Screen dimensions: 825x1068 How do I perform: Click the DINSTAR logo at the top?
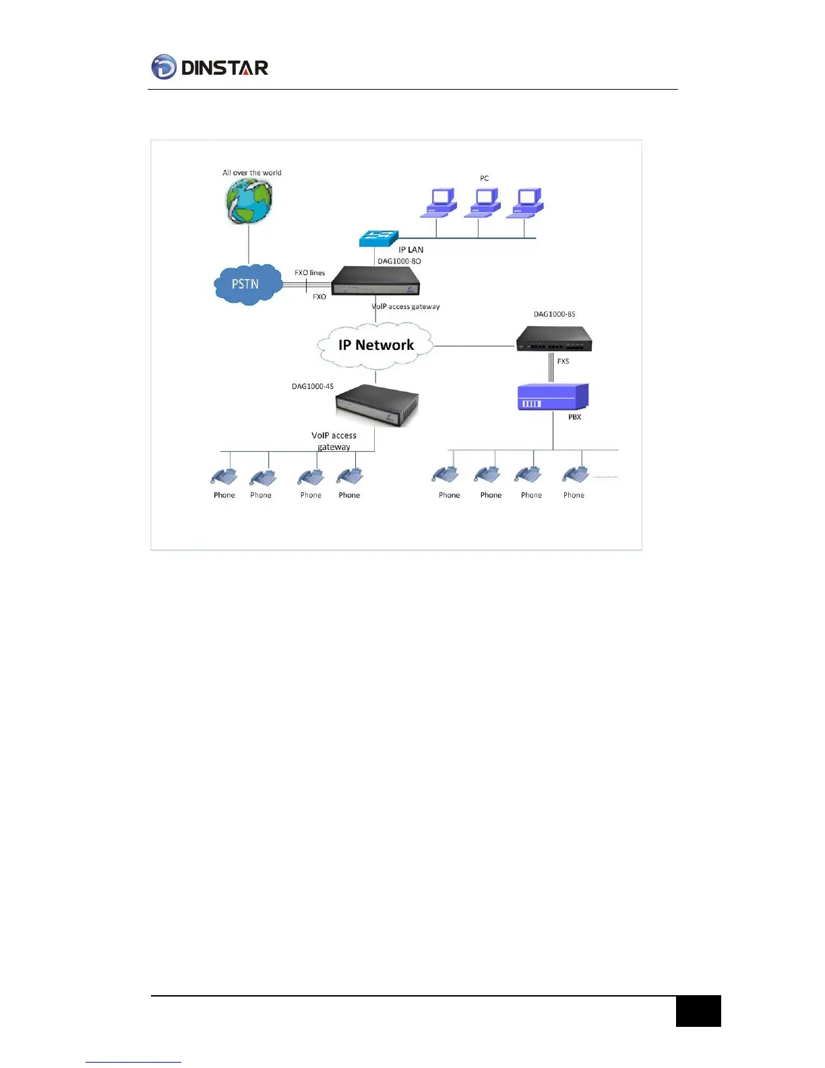coord(210,67)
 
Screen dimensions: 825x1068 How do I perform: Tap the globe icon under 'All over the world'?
coord(249,201)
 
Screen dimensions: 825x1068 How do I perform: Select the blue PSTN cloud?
coord(247,285)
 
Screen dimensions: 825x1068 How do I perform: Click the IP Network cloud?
coord(375,345)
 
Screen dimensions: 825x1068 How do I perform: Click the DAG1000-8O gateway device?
coord(375,280)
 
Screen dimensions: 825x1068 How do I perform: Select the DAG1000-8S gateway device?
coord(554,338)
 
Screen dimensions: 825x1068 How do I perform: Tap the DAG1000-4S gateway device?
coord(377,405)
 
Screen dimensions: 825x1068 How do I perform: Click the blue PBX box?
coord(553,396)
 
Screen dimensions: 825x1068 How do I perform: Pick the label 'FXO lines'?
coord(309,273)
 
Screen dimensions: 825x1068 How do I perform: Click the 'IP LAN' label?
coord(410,249)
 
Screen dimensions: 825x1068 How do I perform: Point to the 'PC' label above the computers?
coord(484,178)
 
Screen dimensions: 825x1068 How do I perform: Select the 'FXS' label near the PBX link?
coord(563,361)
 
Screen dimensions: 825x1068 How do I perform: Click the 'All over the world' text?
coord(252,173)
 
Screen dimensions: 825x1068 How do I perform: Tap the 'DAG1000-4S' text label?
coord(312,386)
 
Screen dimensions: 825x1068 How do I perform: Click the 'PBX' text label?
coord(574,417)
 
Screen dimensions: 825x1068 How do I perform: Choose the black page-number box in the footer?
coord(698,1011)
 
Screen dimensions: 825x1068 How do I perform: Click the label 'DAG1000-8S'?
coord(554,314)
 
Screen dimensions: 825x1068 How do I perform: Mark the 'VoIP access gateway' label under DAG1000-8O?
coord(406,307)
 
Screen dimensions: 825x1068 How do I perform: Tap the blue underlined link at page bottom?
coord(133,1062)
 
